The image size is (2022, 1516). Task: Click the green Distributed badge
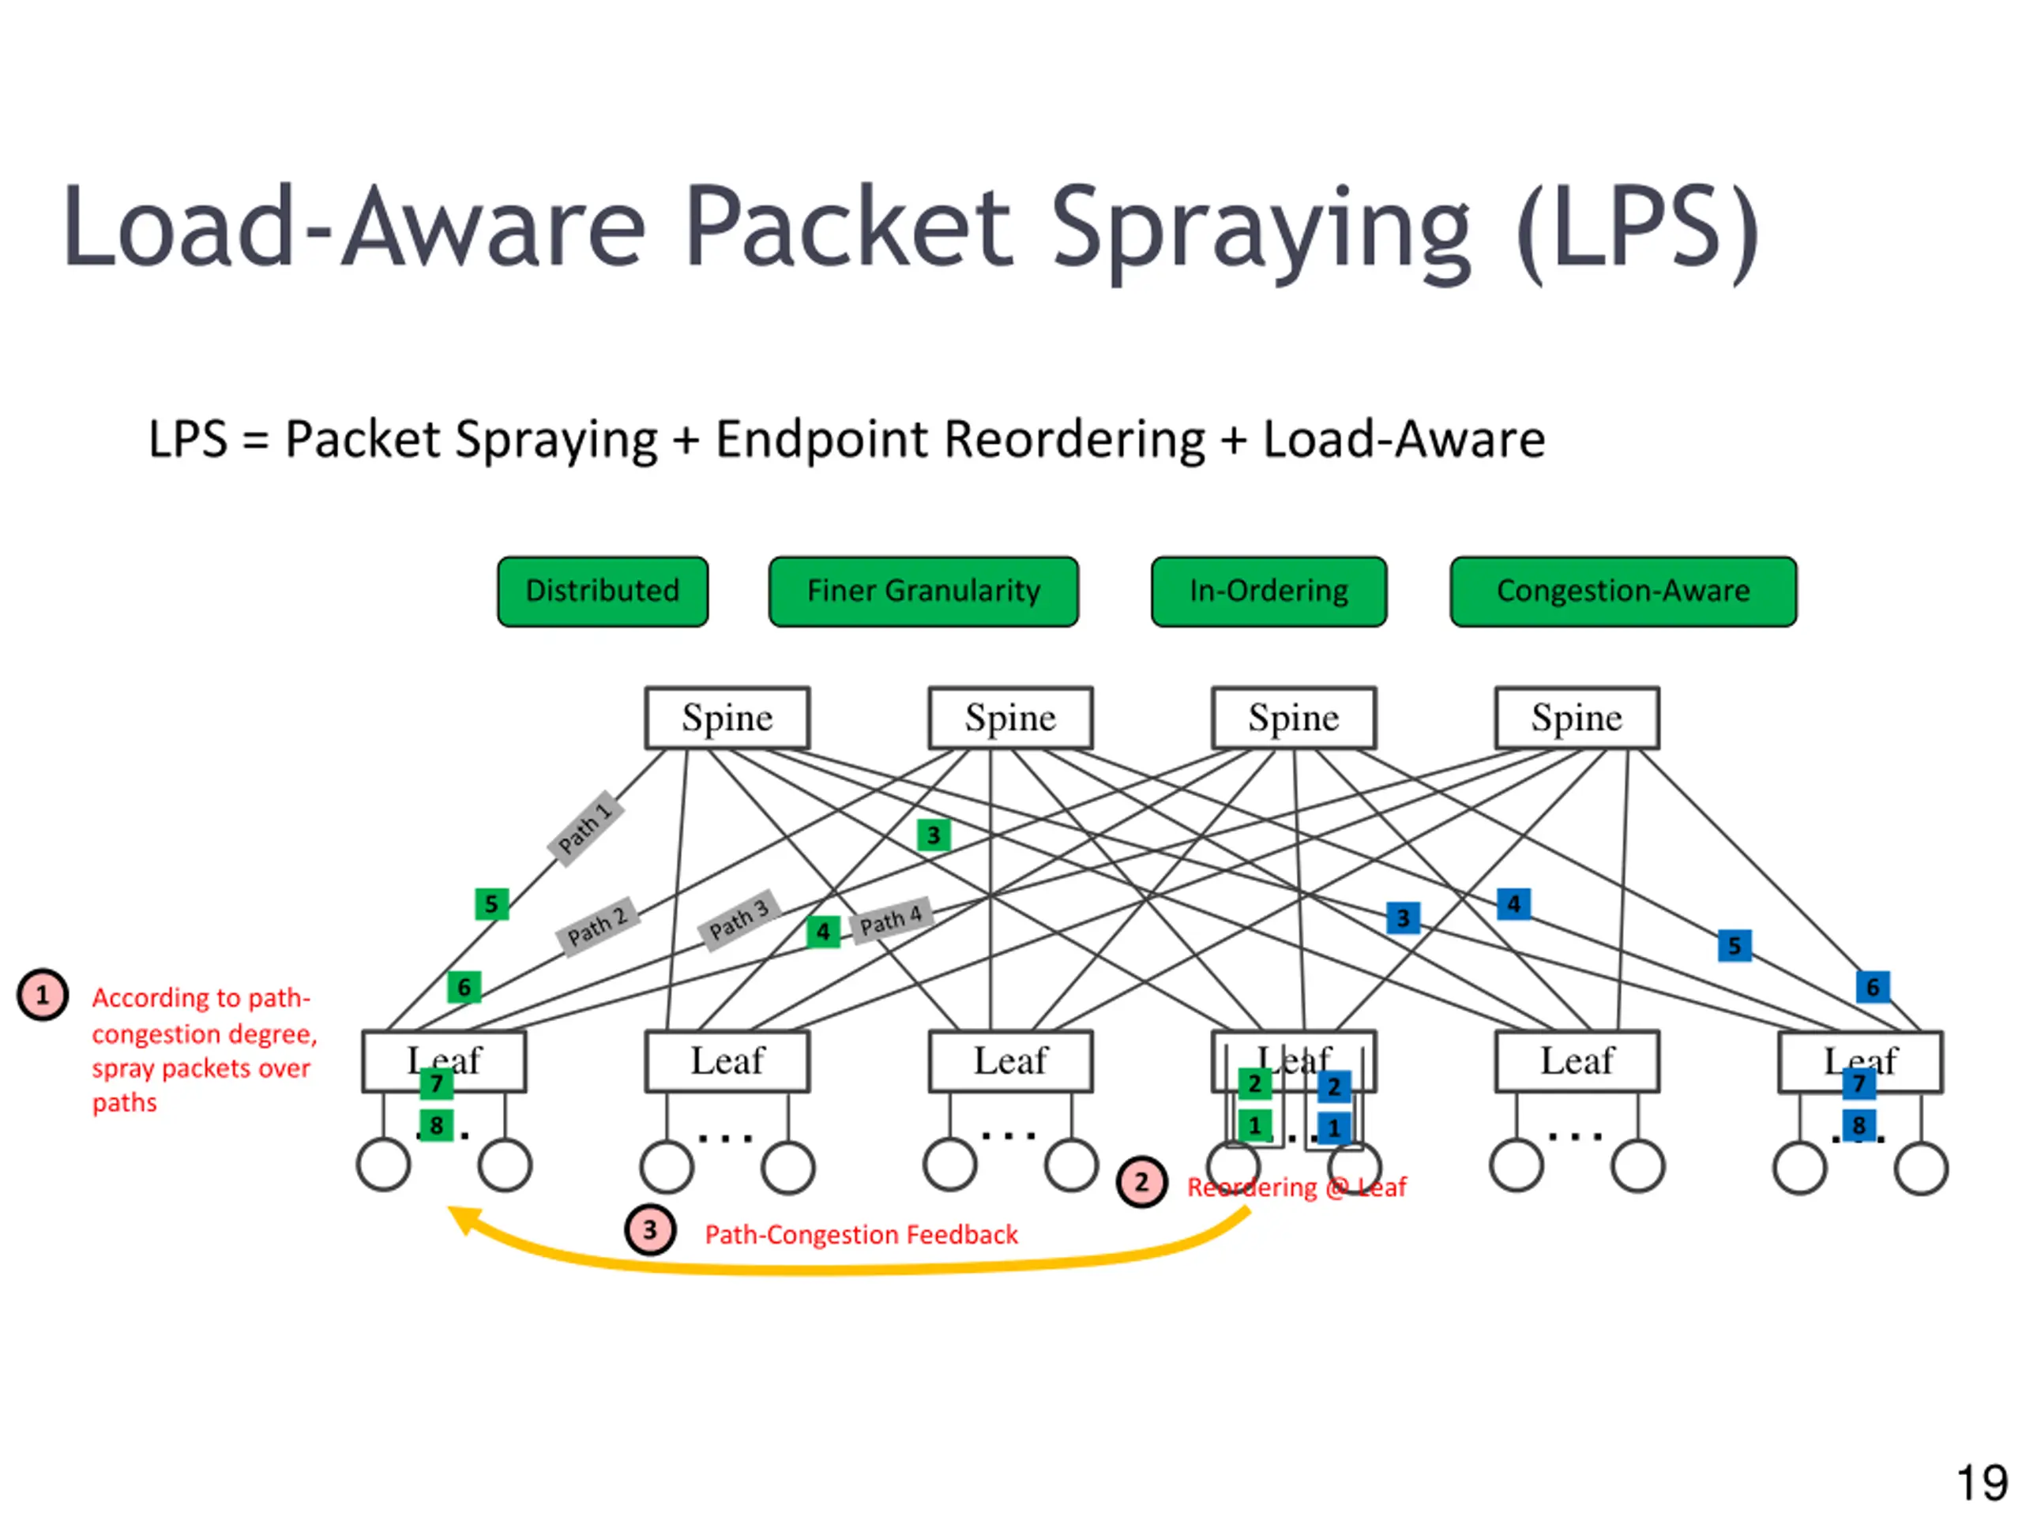point(603,591)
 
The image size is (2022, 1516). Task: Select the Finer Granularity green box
point(923,591)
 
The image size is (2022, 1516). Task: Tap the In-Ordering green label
point(1268,591)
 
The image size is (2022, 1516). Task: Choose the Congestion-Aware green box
point(1623,591)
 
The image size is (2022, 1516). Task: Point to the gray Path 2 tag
point(597,927)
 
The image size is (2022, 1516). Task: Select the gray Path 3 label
point(739,919)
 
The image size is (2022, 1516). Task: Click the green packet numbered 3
point(934,835)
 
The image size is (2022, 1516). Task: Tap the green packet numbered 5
point(492,905)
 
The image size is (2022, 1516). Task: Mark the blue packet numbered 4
point(1514,905)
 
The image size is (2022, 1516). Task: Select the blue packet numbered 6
point(1873,987)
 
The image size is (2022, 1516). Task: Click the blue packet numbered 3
point(1403,917)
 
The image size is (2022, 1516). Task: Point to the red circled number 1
point(43,994)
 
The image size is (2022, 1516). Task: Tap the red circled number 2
point(1141,1183)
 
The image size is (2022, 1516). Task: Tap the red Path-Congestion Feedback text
point(861,1235)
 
